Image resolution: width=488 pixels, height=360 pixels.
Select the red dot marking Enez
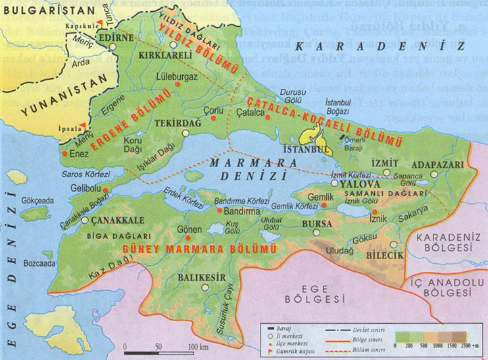pyautogui.click(x=64, y=153)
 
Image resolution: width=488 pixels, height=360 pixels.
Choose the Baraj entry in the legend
pyautogui.click(x=281, y=326)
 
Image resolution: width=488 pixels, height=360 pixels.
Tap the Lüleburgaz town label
pyautogui.click(x=177, y=76)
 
